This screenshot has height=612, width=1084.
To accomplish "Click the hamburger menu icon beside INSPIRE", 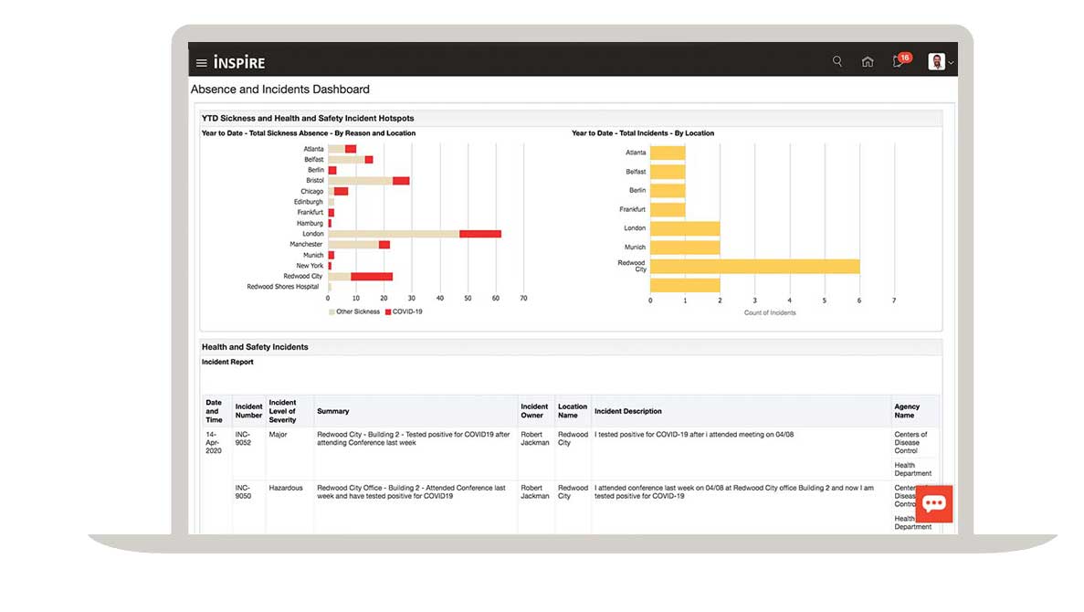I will point(202,63).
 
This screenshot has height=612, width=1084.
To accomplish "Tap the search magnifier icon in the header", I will point(837,62).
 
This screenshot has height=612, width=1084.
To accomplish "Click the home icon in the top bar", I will point(868,62).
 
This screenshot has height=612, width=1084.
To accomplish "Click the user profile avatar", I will point(937,62).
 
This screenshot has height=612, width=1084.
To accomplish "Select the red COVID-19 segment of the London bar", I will point(480,234).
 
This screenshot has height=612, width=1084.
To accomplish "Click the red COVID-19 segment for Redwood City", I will point(372,276).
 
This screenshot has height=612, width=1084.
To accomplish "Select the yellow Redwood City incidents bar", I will point(755,266).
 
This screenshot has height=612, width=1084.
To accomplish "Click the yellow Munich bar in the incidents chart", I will point(685,248).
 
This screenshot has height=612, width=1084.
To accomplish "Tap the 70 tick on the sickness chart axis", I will point(523,298).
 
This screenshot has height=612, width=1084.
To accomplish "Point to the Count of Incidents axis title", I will point(770,312).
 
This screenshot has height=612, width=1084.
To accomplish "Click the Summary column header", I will point(333,411).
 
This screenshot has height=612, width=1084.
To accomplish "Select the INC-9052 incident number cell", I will point(243,438).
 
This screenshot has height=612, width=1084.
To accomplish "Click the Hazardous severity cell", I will point(286,488).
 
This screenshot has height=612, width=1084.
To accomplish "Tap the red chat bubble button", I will point(933,503).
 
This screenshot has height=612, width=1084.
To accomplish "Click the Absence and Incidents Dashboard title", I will point(280,90).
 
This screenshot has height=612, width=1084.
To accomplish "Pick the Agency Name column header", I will point(907,411).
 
